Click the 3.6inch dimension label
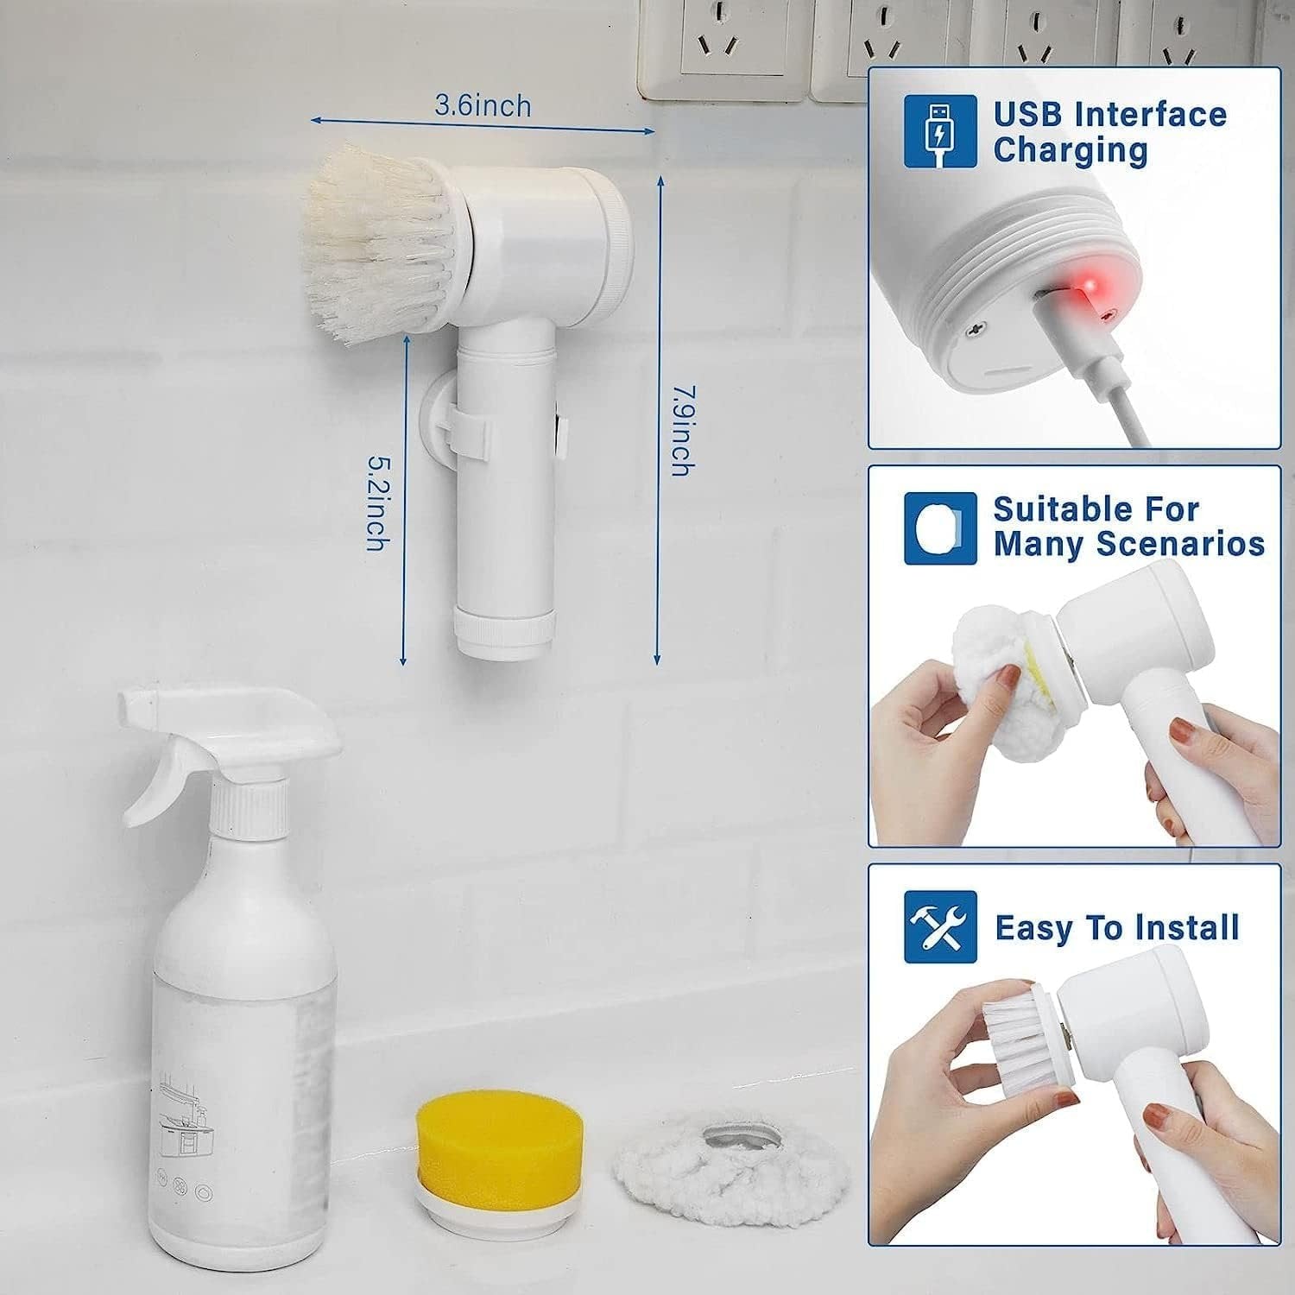[x=483, y=106]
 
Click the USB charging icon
[x=940, y=131]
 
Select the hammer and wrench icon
[x=940, y=927]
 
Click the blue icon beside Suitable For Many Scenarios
[x=940, y=528]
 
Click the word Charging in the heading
[x=1071, y=150]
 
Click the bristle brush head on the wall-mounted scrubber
[x=380, y=243]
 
